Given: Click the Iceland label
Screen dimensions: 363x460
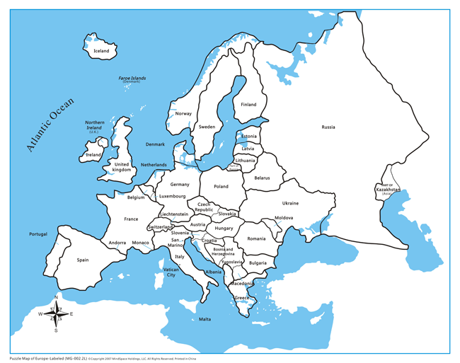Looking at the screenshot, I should [x=101, y=51].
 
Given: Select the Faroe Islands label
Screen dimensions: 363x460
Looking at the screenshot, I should [x=132, y=79].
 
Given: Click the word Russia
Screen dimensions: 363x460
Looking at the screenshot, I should [x=328, y=127].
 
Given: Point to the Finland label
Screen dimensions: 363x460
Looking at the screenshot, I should [x=248, y=105].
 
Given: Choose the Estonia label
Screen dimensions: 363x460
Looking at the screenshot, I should [x=249, y=137].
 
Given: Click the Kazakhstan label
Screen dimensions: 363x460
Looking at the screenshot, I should [x=388, y=190].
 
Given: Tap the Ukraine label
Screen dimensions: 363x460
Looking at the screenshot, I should [x=290, y=203].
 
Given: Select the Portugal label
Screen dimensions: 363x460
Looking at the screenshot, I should [x=38, y=234].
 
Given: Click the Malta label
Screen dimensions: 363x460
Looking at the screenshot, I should [x=205, y=319].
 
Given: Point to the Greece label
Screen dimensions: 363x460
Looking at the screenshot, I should [x=242, y=298].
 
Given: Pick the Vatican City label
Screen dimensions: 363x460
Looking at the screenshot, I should [x=171, y=272].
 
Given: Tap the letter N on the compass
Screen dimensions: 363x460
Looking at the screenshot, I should [x=56, y=297].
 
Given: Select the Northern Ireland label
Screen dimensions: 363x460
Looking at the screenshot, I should [x=95, y=125].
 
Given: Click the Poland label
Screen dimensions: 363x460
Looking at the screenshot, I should [x=222, y=187].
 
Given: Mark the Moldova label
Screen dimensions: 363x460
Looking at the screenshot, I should [x=284, y=218].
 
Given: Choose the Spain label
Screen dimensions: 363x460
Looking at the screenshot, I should [x=83, y=260].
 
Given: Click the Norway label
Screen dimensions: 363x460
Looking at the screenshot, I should [x=183, y=114].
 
